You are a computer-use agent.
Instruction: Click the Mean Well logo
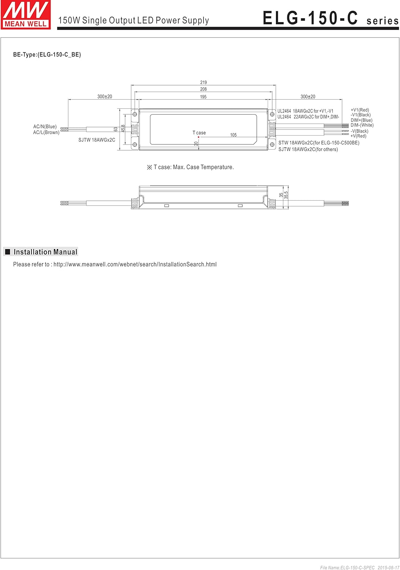[x=26, y=15]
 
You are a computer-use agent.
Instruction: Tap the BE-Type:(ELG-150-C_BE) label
[x=47, y=54]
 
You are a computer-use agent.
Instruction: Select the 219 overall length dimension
[x=203, y=82]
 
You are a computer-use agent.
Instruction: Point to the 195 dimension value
[x=203, y=97]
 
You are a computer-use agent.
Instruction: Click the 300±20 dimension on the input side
[x=105, y=97]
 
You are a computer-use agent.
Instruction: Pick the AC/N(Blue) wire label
[x=45, y=127]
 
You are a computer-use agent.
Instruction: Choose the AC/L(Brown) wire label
[x=46, y=132]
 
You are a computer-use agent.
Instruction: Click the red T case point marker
[x=198, y=137]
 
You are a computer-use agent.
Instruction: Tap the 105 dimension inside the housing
[x=233, y=135]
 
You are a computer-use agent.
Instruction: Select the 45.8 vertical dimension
[x=123, y=129]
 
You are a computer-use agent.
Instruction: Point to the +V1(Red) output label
[x=360, y=110]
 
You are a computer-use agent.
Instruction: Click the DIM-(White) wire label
[x=362, y=125]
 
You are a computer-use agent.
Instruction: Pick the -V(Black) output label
[x=359, y=131]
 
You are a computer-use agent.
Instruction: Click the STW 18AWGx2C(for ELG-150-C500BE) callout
[x=319, y=143]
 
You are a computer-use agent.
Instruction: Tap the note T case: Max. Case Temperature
[x=191, y=167]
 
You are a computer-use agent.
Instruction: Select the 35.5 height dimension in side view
[x=287, y=195]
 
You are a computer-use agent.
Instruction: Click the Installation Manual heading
[x=45, y=252]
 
